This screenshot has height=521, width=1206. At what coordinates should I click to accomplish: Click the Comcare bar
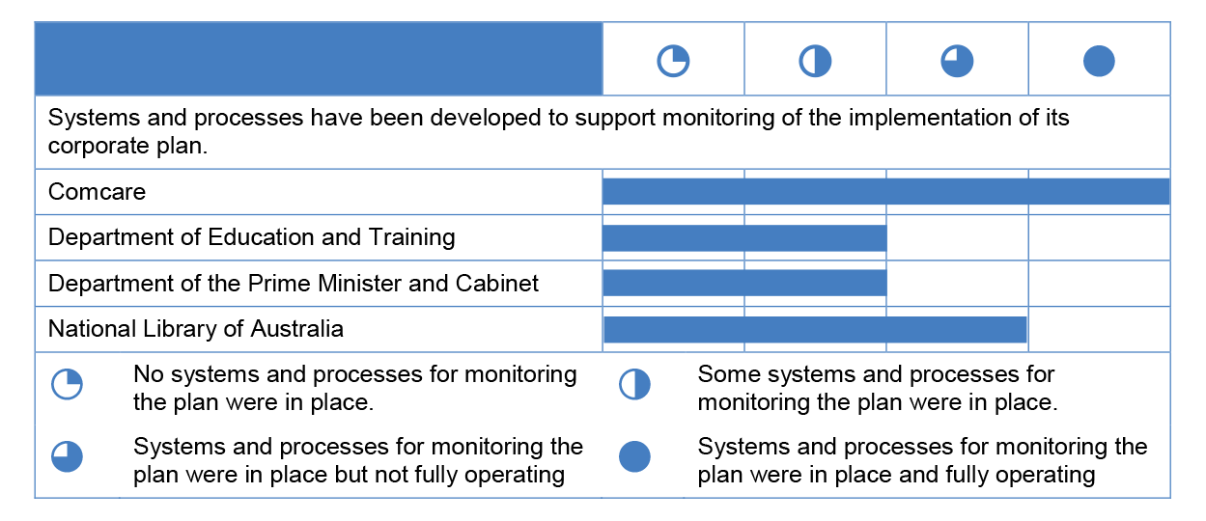coord(885,192)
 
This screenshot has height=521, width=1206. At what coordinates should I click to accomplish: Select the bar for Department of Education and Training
coord(744,238)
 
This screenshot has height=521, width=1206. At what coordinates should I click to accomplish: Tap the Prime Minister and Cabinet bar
coord(744,283)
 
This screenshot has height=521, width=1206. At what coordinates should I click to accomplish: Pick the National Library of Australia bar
coord(815,329)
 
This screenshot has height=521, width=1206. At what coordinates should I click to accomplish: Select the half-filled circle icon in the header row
coord(815,61)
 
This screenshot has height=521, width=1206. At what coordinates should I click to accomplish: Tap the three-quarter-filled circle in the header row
coord(957,61)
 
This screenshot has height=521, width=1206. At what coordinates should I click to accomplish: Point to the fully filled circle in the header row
coord(1099,61)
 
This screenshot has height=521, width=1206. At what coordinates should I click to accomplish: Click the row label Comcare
coord(97,192)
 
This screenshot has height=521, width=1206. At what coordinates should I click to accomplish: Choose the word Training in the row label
coord(412,237)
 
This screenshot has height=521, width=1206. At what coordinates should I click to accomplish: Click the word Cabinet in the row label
coord(497,283)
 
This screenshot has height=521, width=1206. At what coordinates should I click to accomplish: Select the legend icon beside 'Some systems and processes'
coord(634,384)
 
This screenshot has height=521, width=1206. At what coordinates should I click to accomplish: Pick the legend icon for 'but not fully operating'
coord(67,457)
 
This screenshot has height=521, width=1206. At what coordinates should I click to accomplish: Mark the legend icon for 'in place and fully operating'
coord(634,457)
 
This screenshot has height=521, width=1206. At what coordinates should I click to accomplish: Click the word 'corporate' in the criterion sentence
coord(98,146)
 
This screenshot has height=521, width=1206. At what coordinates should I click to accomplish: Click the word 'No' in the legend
coord(149,374)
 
